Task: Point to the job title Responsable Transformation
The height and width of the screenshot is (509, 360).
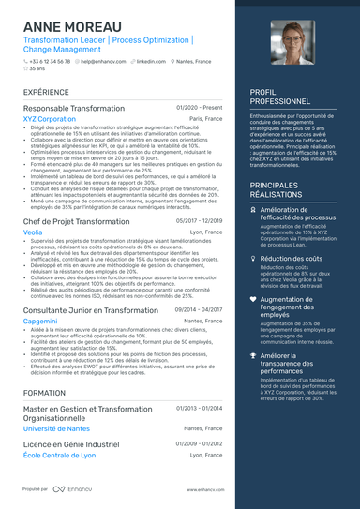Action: point(74,109)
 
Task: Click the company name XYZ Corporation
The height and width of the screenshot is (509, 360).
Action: point(50,120)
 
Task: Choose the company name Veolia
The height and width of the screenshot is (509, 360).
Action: point(33,232)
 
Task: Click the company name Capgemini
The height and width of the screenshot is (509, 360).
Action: point(40,321)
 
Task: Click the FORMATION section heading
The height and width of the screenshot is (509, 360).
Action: point(44,393)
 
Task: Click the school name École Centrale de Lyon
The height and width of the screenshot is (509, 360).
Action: point(60,455)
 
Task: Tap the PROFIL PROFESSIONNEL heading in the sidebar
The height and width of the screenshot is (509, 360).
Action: point(279,97)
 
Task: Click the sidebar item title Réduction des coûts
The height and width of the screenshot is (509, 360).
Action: point(291,258)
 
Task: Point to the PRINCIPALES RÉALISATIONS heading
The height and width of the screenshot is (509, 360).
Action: point(286,191)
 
